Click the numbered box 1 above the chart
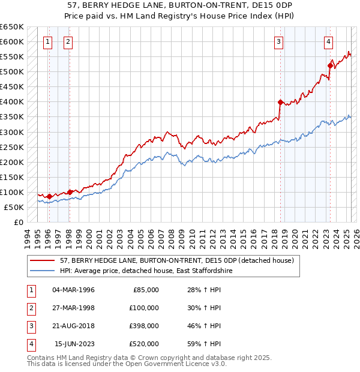(48, 41)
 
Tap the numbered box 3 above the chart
(280, 41)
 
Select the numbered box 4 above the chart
(329, 41)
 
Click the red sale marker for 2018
(280, 102)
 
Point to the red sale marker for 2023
(330, 65)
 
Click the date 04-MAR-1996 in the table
(74, 290)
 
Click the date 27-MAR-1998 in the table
(74, 308)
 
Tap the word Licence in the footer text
(198, 364)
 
